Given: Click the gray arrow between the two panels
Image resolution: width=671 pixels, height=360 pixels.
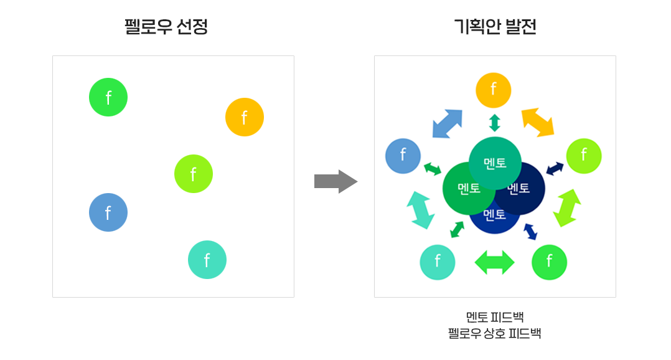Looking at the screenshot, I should tap(335, 181).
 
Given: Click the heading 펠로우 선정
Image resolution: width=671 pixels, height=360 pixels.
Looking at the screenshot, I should tap(166, 27).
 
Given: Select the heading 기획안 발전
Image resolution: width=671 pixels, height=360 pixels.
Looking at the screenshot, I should tap(495, 27).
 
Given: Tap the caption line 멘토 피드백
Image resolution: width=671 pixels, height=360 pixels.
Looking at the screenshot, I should tap(495, 317).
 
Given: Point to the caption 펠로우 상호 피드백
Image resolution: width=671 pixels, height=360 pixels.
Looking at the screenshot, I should tap(495, 333).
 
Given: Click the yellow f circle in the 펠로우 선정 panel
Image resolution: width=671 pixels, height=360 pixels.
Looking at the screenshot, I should tap(245, 117).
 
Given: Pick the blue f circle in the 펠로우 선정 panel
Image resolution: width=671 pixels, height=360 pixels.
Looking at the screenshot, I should tap(108, 212).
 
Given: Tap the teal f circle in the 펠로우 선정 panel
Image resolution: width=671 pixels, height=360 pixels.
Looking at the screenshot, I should tap(207, 260).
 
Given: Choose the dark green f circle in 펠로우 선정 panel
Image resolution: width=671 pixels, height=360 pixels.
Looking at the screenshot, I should tap(108, 97).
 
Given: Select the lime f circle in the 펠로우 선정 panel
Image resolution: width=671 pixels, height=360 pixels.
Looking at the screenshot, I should tap(194, 174).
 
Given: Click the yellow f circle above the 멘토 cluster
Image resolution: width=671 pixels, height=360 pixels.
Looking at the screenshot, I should tap(494, 90).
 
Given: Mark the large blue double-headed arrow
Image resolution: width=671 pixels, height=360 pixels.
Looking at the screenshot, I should tap(448, 123).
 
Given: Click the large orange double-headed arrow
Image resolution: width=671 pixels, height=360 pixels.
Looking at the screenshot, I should tap(538, 122).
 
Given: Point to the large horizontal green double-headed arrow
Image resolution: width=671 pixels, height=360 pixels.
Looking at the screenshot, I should tap(494, 262).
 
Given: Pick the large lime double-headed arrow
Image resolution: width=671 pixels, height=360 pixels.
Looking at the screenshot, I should tap(566, 207).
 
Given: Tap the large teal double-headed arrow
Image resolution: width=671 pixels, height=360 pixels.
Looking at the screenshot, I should tap(420, 209).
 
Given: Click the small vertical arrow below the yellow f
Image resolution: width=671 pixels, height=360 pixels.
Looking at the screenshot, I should tap(495, 123).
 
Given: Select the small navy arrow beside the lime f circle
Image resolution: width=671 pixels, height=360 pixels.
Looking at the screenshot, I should tap(555, 168).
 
